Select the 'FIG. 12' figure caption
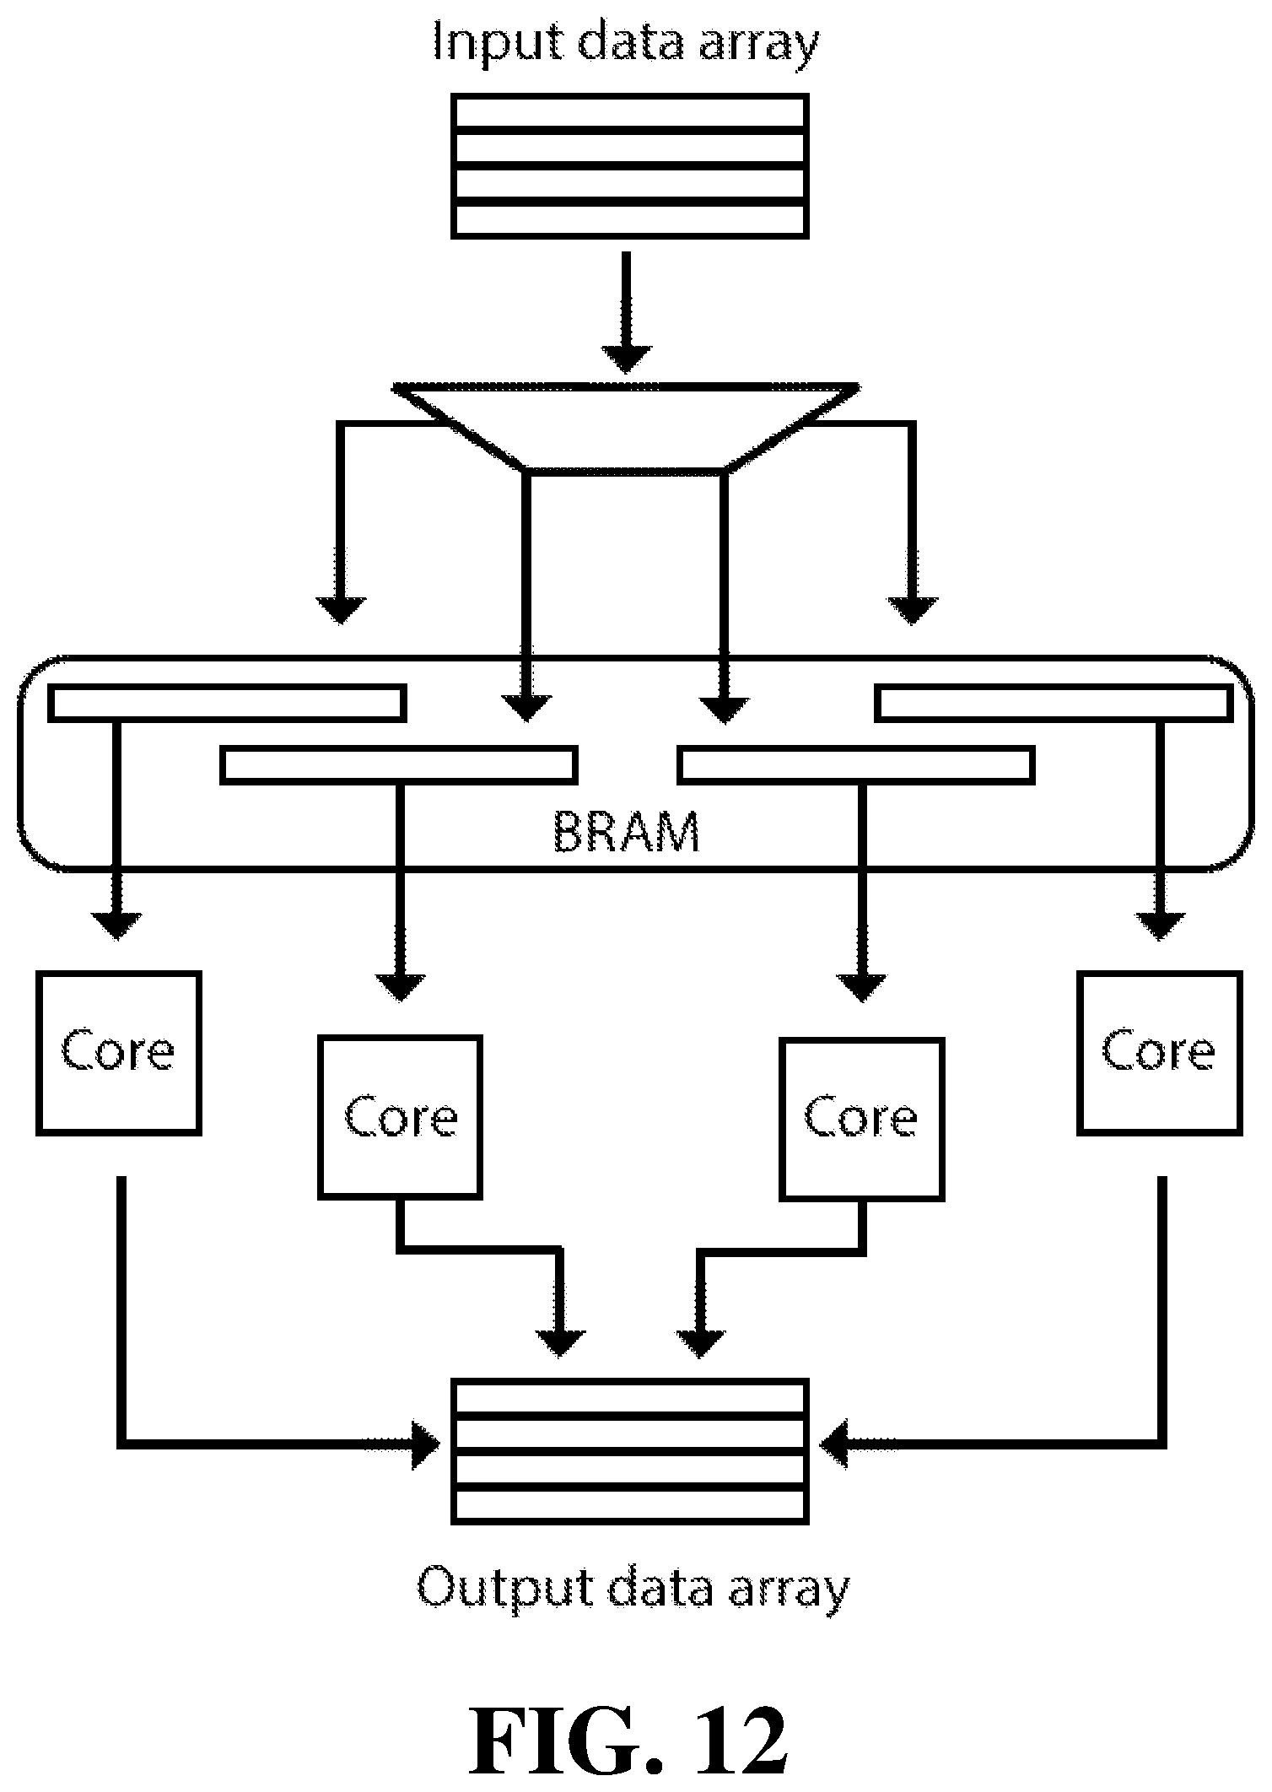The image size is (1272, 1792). (x=629, y=1737)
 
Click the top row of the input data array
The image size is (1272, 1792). (x=630, y=111)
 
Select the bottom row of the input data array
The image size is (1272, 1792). (x=630, y=219)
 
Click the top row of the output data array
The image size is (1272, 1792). (x=630, y=1397)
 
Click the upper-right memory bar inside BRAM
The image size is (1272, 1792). (x=1053, y=704)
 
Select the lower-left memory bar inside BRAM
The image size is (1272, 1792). (x=399, y=764)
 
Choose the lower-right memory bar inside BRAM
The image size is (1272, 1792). (x=856, y=764)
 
